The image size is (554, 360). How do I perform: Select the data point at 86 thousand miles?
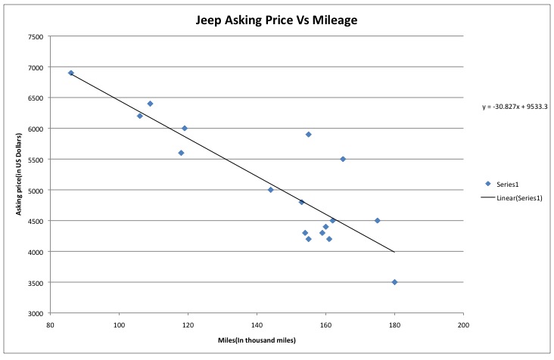(x=71, y=73)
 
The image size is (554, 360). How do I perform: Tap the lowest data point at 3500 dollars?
(x=394, y=282)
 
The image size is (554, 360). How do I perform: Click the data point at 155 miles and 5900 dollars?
(x=309, y=135)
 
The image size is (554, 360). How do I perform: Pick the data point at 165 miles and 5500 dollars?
(x=343, y=159)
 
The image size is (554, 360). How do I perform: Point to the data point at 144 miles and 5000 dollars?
(x=270, y=190)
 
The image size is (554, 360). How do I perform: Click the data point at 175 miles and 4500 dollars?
(x=377, y=221)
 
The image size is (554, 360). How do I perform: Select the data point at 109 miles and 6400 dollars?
(x=150, y=104)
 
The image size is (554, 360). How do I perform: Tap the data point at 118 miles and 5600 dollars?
(x=181, y=153)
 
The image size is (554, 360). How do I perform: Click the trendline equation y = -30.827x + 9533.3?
(x=515, y=107)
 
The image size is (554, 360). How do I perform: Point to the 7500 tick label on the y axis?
(x=35, y=36)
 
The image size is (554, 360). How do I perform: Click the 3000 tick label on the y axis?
(x=35, y=313)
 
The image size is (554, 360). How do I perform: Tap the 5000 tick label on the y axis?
(x=35, y=191)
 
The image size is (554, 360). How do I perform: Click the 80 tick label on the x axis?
(x=50, y=324)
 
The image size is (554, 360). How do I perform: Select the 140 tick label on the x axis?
(x=257, y=324)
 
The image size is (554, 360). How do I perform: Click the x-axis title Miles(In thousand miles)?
(x=257, y=340)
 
